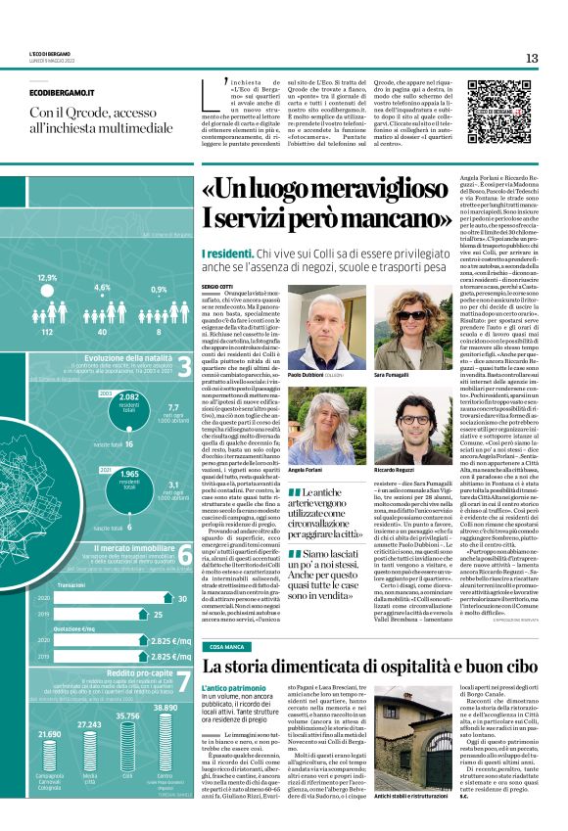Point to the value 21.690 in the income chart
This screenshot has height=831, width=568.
pos(49,761)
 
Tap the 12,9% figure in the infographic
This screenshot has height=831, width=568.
pos(47,278)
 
